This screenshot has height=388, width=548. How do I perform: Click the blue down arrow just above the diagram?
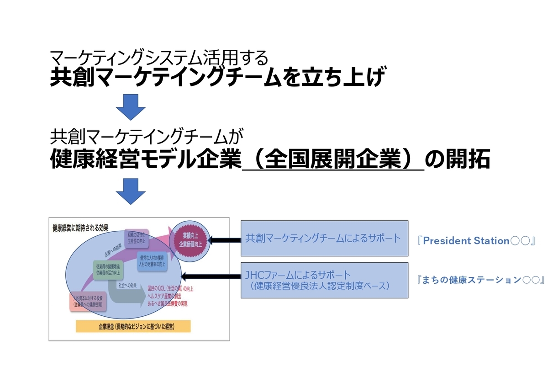click(131, 191)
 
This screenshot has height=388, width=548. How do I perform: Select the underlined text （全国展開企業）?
click(333, 160)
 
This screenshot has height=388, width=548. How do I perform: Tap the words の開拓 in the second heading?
click(457, 160)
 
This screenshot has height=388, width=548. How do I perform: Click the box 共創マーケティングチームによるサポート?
click(324, 238)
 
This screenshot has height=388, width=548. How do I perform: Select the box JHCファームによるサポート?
click(324, 280)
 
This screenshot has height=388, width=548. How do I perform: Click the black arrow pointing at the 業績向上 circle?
click(223, 239)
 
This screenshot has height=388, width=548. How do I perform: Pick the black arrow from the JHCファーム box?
click(211, 276)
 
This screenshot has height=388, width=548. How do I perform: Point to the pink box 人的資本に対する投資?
click(87, 301)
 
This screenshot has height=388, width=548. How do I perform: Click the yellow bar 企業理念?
click(133, 326)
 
